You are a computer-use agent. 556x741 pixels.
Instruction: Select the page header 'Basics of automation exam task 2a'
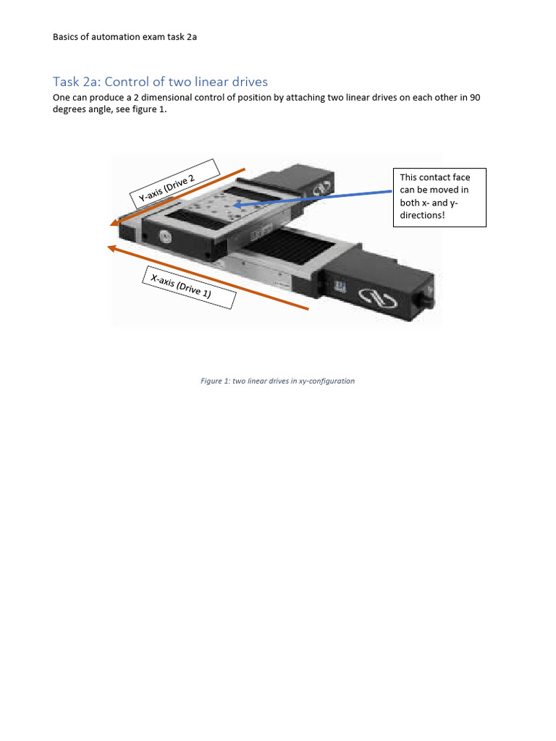[x=125, y=38]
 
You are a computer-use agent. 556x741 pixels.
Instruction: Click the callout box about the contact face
[x=439, y=197]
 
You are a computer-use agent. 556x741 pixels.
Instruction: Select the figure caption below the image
[x=277, y=381]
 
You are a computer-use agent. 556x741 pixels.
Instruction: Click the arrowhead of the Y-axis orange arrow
[x=114, y=223]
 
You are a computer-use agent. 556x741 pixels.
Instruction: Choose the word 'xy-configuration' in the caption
[x=326, y=381]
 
